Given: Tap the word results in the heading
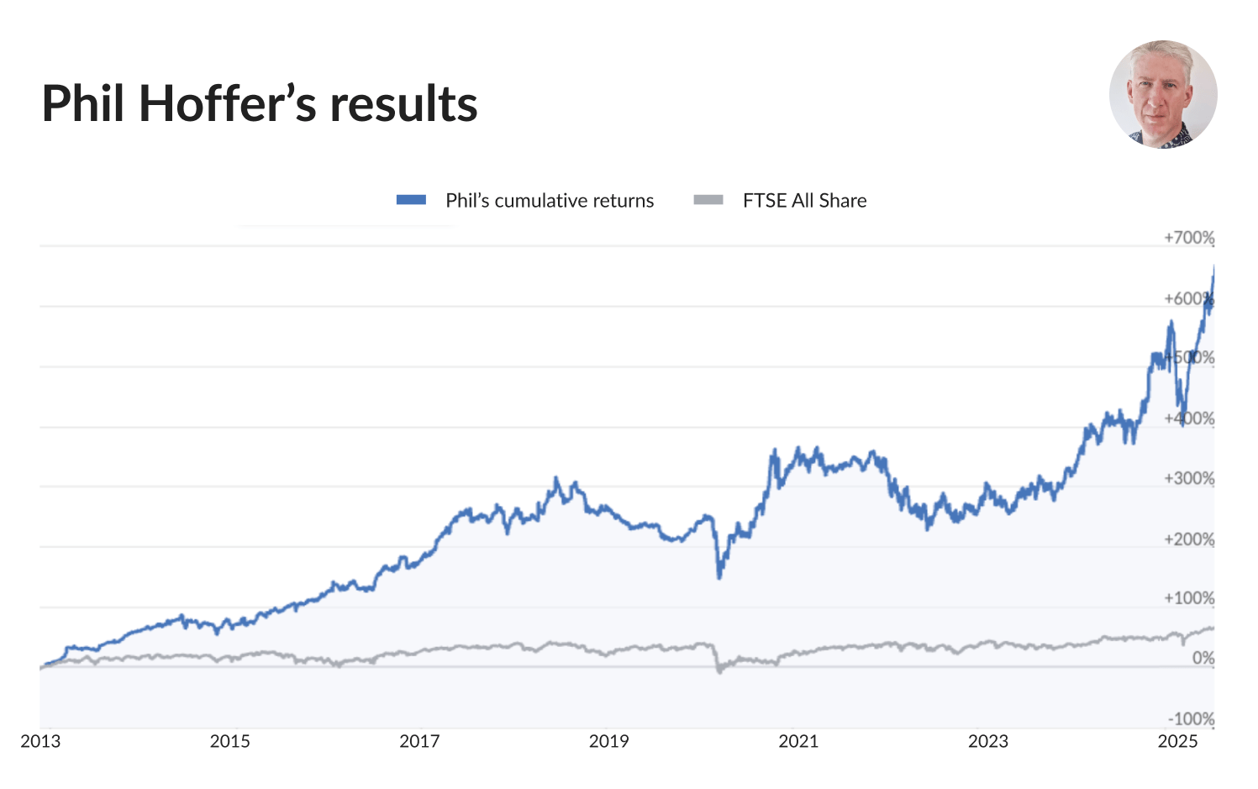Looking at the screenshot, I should (x=403, y=104).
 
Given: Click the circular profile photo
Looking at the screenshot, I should (x=1163, y=94).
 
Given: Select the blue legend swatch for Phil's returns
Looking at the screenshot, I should (x=412, y=200).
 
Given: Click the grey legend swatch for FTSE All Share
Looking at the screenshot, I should (x=708, y=200).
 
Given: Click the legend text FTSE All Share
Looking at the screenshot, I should (x=804, y=200).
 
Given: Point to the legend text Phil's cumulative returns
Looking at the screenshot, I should (x=550, y=200).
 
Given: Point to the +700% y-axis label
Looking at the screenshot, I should (x=1188, y=238).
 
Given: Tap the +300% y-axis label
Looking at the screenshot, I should (x=1188, y=478).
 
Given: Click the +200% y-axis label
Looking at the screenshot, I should (x=1188, y=539).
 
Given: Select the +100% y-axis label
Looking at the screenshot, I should (x=1188, y=598).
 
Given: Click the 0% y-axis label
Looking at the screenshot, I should (x=1203, y=658).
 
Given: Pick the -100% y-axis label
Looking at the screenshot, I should (x=1191, y=718).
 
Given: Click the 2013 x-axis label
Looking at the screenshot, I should (x=40, y=741).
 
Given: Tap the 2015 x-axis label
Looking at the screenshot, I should (x=229, y=741).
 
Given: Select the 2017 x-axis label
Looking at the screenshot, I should (x=419, y=741).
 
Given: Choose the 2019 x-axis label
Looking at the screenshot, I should (x=608, y=741).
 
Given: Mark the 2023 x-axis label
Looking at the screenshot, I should (x=987, y=741).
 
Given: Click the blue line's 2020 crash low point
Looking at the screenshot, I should (x=719, y=576).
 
